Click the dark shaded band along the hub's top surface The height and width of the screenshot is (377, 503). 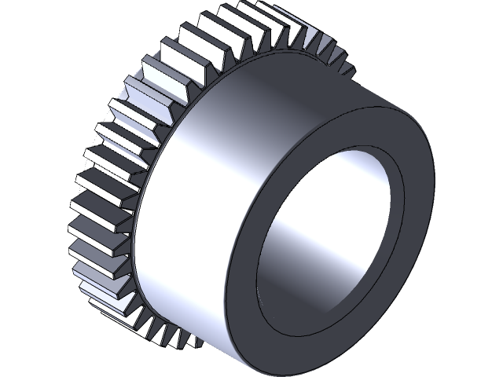pyautogui.click(x=314, y=79)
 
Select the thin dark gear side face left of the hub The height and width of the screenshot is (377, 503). pyautogui.click(x=141, y=236)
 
